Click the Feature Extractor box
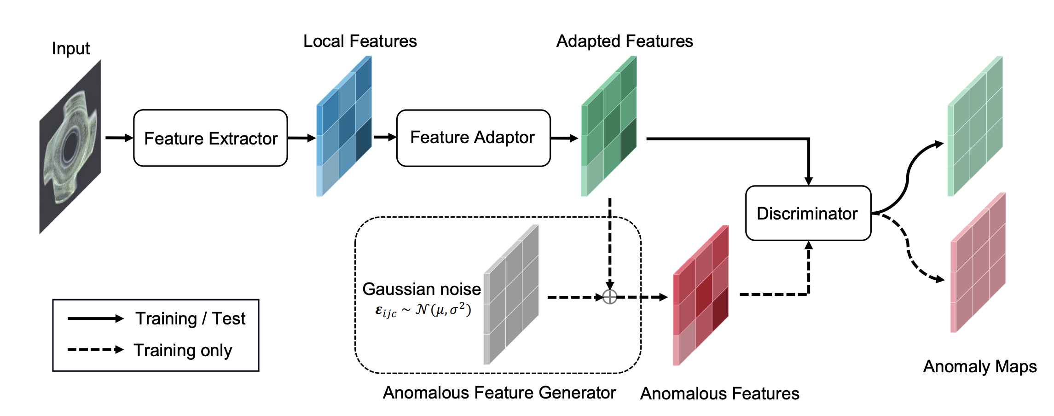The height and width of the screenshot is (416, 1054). point(210,138)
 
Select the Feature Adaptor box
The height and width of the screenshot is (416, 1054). point(473,138)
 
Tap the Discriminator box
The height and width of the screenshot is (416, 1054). point(808,213)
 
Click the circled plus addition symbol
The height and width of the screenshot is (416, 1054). point(609,297)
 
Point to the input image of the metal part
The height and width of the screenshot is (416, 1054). point(70,146)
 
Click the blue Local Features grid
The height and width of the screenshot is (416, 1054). point(344,126)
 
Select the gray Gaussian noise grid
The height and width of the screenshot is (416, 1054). point(511,295)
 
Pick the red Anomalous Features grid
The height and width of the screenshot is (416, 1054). point(701,295)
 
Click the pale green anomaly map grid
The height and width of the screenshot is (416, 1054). point(975,126)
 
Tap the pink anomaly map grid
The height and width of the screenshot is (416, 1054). point(978,262)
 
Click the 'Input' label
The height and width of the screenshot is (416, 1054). point(70,48)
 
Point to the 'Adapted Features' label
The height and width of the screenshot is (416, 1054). point(625,41)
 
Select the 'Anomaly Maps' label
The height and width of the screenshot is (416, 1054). point(980,367)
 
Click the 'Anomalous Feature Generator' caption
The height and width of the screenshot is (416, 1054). point(499,393)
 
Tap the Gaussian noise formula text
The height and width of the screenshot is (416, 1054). point(423,310)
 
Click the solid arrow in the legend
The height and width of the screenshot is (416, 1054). point(96,318)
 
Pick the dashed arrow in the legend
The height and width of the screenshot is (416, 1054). point(96,350)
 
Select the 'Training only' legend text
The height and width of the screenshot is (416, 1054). point(183,351)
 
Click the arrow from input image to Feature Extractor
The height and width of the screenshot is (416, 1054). point(119,138)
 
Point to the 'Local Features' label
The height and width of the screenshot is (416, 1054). point(360,41)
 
